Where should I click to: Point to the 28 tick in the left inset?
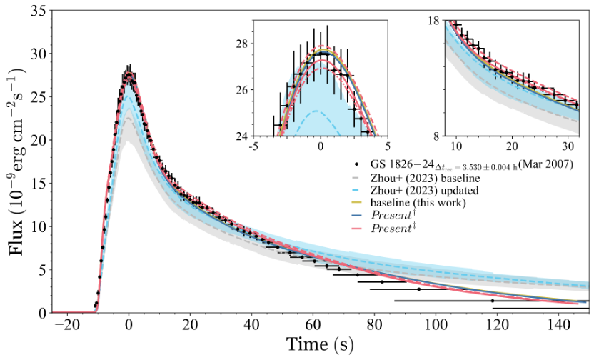pos(260,44)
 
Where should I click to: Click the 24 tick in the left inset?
pos(260,136)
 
